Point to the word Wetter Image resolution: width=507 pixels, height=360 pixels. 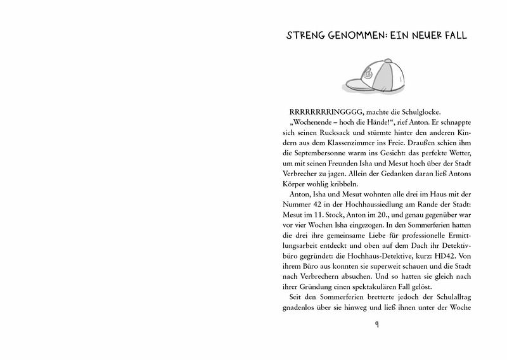tap(455, 159)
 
